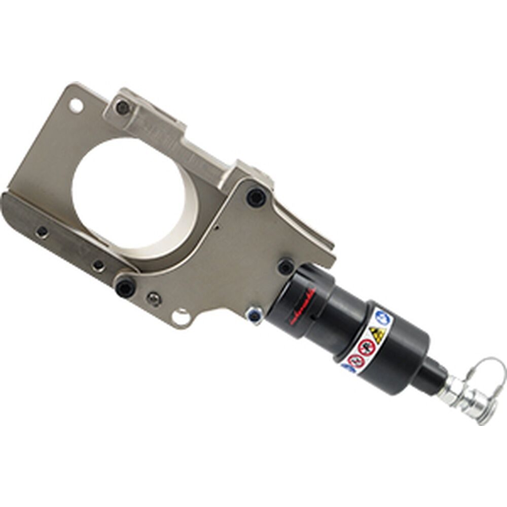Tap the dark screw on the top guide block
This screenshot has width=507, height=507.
click(122, 107)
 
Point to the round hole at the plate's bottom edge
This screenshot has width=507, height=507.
click(182, 317)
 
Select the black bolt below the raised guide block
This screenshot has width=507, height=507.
click(256, 197)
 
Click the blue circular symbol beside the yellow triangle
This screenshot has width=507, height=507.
click(383, 317)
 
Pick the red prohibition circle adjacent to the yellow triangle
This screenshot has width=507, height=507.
click(366, 348)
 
